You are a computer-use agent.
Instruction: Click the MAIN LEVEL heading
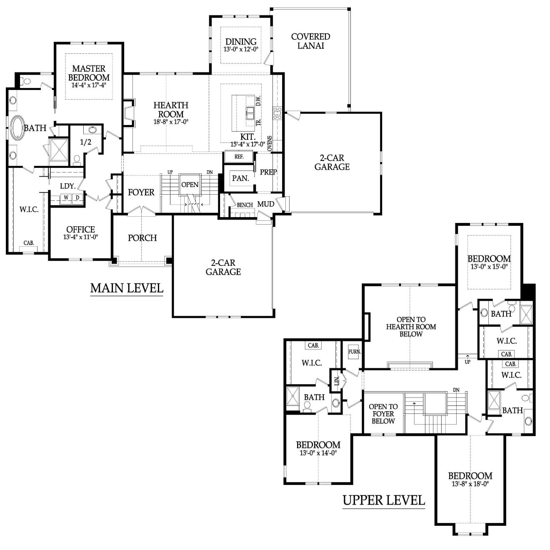tap(127, 288)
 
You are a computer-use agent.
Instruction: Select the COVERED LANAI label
tap(310, 41)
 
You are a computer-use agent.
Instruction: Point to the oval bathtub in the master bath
tap(17, 127)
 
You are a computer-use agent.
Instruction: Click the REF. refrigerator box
tap(239, 157)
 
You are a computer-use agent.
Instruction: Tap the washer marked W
tap(66, 197)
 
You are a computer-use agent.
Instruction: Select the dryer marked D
tap(77, 197)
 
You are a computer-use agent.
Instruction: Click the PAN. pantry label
tap(240, 178)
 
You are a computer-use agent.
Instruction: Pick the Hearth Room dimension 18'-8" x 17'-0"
tap(171, 122)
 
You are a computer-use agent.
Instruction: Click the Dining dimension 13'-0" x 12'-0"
tap(240, 49)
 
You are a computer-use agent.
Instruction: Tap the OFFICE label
tap(80, 230)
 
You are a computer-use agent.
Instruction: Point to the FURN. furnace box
tap(355, 352)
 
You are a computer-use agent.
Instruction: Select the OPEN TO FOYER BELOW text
tap(383, 414)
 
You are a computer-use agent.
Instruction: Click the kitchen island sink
tap(250, 113)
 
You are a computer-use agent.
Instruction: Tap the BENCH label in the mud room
tap(245, 205)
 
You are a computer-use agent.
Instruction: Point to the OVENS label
tap(270, 143)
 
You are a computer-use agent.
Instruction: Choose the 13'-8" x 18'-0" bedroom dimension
tap(470, 484)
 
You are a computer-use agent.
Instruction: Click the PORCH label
tap(142, 238)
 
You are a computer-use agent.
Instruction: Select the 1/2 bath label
tap(86, 142)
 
